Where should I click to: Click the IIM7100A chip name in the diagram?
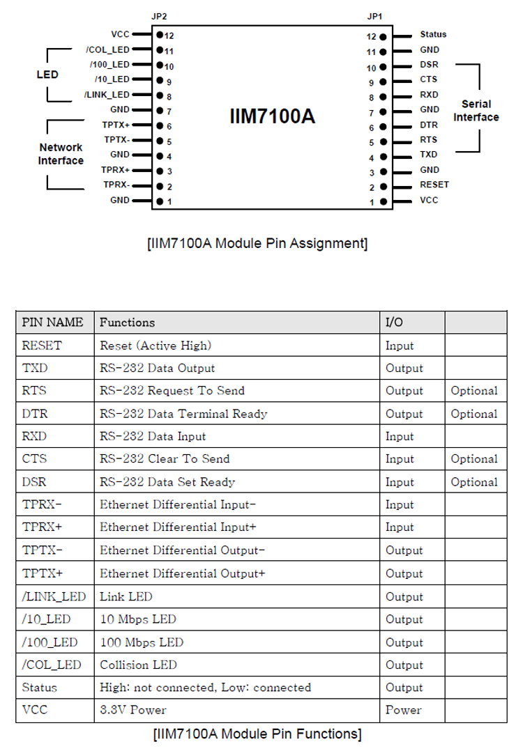tap(272, 116)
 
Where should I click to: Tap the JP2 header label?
tap(159, 15)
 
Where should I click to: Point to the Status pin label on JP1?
tap(433, 34)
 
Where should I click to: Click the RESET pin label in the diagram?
tap(434, 185)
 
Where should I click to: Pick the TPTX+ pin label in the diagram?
tap(116, 125)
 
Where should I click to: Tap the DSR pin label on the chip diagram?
tap(429, 64)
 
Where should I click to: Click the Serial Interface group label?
tap(476, 110)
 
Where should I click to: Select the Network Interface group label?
tap(61, 154)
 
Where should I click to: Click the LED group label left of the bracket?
tap(47, 75)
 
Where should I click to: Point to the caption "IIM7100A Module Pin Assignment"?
tap(257, 243)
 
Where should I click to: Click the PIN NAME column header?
tap(52, 322)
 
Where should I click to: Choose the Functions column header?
tap(127, 322)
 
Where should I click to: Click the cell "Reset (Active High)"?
tap(155, 345)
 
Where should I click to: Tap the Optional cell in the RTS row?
tap(474, 391)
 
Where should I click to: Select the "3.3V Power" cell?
tap(133, 710)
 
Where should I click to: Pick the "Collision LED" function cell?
tap(138, 665)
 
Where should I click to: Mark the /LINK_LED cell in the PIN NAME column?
tap(54, 596)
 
